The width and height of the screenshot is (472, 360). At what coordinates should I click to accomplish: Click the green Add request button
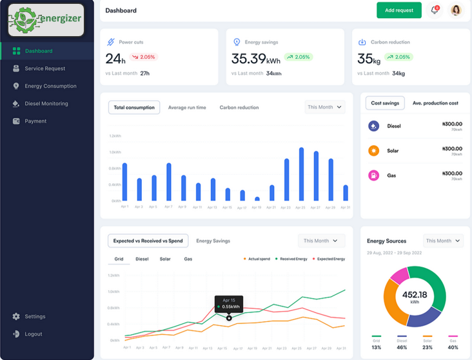pos(398,10)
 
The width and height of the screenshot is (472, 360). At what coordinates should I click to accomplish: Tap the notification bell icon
pos(435,10)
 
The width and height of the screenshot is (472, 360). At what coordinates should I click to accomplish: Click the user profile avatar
pos(456,10)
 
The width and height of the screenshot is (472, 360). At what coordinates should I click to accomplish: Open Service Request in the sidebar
pos(44,68)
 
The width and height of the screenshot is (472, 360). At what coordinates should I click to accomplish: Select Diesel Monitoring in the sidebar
pos(46,103)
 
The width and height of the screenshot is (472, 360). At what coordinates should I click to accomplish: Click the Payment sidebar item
pos(35,121)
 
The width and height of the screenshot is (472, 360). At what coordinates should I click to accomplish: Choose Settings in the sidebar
pos(35,316)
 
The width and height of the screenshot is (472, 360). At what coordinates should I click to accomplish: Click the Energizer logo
pos(46,19)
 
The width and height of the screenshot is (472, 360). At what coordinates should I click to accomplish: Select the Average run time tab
pos(187,108)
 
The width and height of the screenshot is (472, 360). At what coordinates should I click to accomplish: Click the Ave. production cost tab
pos(435,103)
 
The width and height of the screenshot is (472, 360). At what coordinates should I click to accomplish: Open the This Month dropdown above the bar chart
pos(325,107)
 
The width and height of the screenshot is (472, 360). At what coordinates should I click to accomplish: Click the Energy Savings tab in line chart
pos(213,241)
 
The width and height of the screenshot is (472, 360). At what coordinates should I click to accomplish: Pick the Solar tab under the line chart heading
pos(165,259)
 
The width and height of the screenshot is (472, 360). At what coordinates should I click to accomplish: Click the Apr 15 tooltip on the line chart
pos(229,303)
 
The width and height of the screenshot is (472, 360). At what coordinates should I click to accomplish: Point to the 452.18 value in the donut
pos(415,295)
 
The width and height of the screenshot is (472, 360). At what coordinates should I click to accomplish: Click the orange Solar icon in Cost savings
pos(373,151)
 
